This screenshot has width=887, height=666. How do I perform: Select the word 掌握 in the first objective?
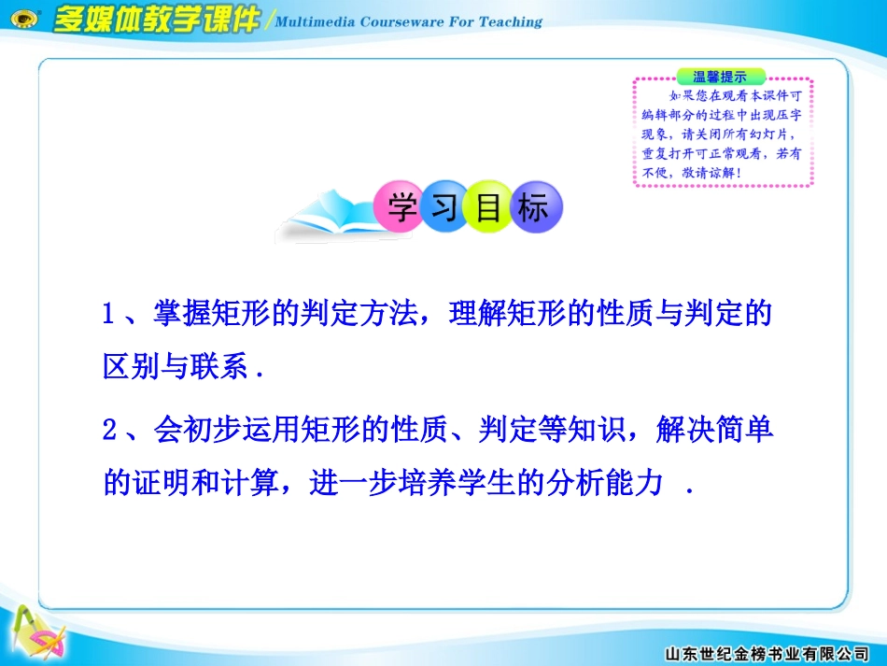click(176, 314)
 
